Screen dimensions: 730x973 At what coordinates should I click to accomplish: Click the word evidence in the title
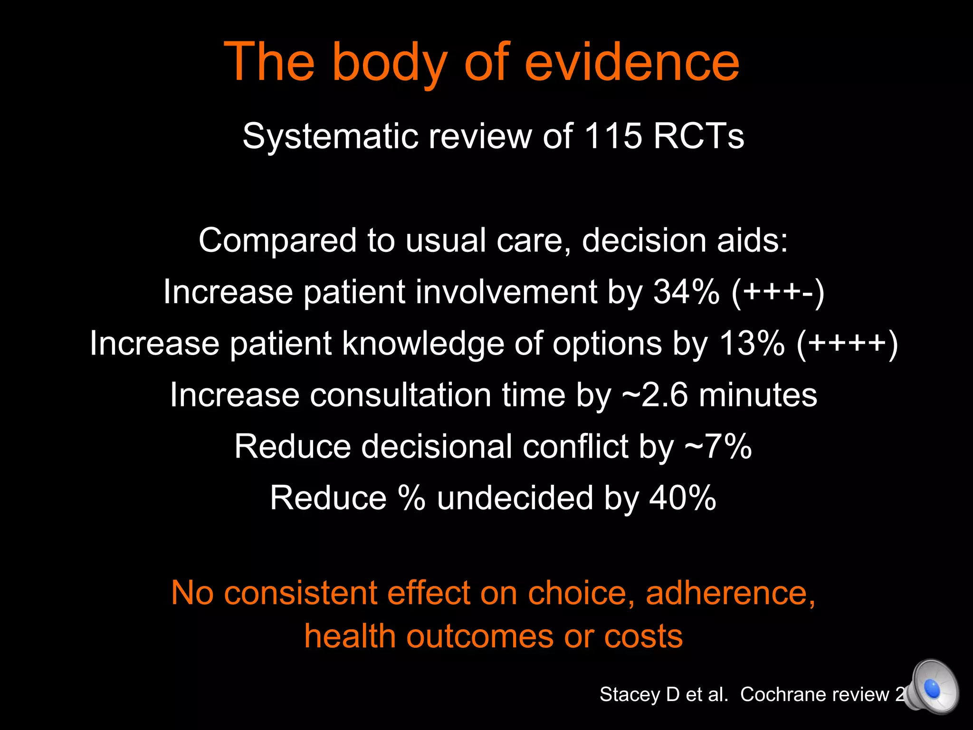632,62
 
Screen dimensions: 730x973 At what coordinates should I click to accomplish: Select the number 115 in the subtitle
613,136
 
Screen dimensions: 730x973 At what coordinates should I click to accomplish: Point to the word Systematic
330,136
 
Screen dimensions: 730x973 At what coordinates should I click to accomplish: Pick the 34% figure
686,291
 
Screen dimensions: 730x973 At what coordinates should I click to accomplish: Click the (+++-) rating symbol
778,292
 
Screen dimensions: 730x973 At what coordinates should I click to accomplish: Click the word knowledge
423,343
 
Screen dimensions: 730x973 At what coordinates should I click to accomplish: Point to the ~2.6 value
655,395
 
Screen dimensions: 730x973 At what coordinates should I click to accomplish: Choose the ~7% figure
718,447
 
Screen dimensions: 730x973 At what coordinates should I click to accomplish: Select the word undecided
515,498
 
